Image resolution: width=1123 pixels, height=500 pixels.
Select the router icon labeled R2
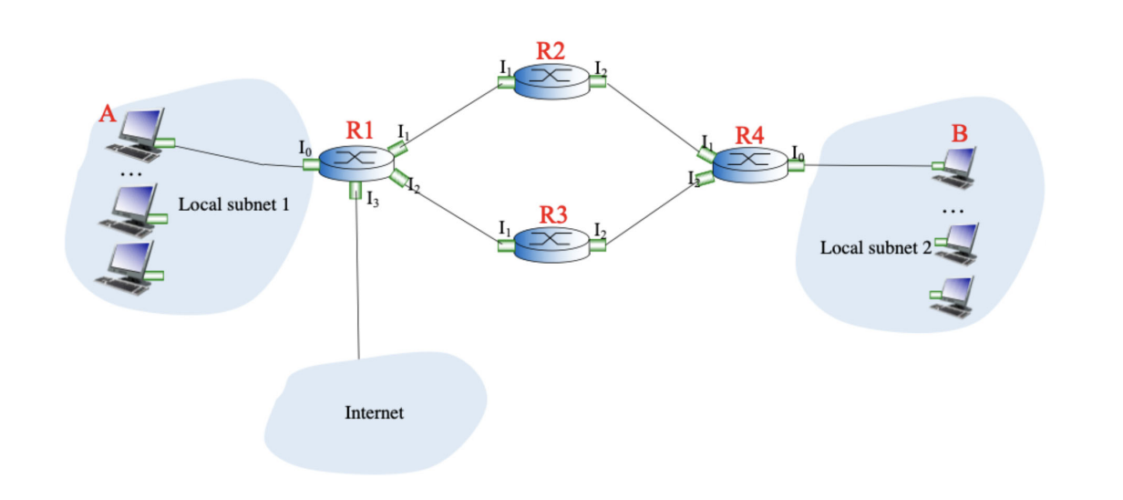coord(551,80)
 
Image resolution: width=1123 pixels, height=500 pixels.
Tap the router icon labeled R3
coord(551,244)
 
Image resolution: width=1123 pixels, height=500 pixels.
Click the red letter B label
coord(959,133)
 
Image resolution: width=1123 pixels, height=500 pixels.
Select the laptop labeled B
coord(958,163)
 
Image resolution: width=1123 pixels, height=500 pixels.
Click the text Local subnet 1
coord(233,203)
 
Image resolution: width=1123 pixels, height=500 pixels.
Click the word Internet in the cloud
coord(374,413)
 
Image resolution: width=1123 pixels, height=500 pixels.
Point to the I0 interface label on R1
coord(305,147)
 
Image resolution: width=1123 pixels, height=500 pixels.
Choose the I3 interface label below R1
coord(372,201)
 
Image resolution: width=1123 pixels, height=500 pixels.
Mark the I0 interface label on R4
coord(798,151)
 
